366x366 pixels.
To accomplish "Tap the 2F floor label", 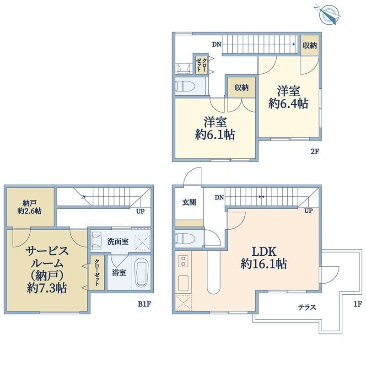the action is pyautogui.click(x=314, y=152).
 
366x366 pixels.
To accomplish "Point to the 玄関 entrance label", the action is pyautogui.click(x=189, y=202).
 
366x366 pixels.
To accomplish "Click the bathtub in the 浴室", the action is pyautogui.click(x=141, y=274).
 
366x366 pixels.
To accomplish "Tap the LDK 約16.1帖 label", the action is pyautogui.click(x=264, y=258).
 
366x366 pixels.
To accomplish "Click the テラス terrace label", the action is pyautogui.click(x=307, y=307).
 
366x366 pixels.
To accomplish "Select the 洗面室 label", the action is pyautogui.click(x=118, y=242).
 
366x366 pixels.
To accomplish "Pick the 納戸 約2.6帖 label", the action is pyautogui.click(x=30, y=207).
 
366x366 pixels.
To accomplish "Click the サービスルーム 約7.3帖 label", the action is pyautogui.click(x=47, y=269).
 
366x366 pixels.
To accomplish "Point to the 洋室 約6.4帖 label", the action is pyautogui.click(x=289, y=97).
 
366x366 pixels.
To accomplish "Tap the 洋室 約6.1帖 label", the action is pyautogui.click(x=215, y=128).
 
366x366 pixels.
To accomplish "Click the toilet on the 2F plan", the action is pyautogui.click(x=186, y=86).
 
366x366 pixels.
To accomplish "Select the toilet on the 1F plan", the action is pyautogui.click(x=185, y=238).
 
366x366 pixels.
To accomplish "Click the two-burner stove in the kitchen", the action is pyautogui.click(x=183, y=261).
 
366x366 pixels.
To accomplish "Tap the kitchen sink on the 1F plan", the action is pyautogui.click(x=183, y=283).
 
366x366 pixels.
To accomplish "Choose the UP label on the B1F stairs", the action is pyautogui.click(x=140, y=211).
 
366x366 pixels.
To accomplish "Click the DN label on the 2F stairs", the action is pyautogui.click(x=216, y=44).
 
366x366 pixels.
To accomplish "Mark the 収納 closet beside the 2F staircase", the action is pyautogui.click(x=310, y=45).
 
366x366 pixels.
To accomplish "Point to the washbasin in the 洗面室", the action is pyautogui.click(x=96, y=241).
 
